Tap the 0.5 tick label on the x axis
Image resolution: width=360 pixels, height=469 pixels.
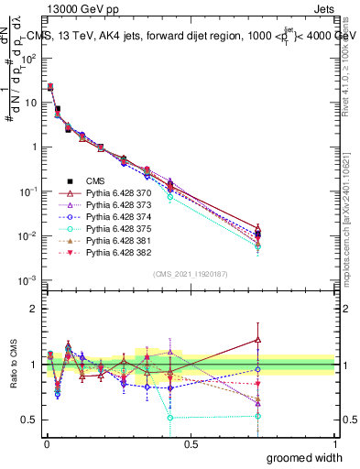click(191, 443)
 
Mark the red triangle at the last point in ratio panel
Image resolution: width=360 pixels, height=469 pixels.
click(258, 339)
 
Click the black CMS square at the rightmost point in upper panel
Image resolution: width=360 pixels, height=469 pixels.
click(258, 235)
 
